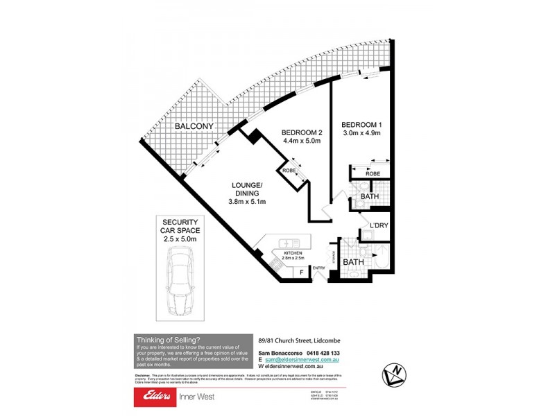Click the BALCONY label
[x=194, y=126]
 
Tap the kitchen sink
[x=289, y=244]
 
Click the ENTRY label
[x=319, y=268]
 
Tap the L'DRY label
[x=378, y=226]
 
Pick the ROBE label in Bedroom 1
[x=372, y=173]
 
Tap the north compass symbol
[x=395, y=374]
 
